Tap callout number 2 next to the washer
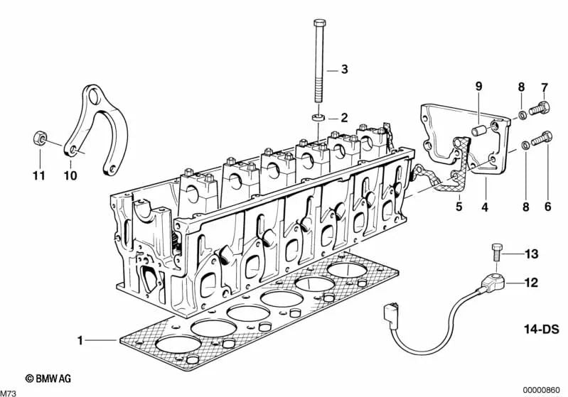[x=343, y=117]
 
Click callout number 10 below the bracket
[x=70, y=175]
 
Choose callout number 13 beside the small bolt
[x=531, y=254]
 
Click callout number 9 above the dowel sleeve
[x=478, y=87]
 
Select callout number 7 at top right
[x=545, y=87]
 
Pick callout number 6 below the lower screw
[x=547, y=207]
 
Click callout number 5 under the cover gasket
[x=459, y=207]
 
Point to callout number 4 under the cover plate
[x=486, y=207]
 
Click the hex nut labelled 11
[x=38, y=136]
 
